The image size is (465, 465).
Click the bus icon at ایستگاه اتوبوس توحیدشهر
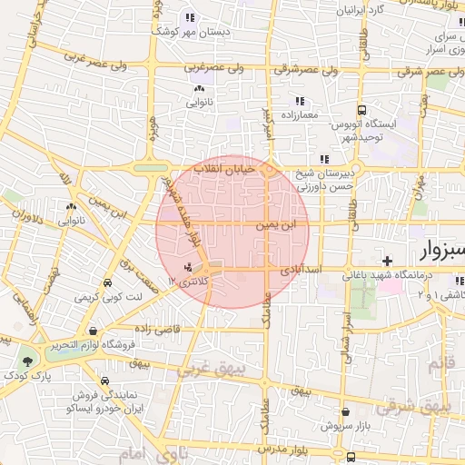[x=361, y=109]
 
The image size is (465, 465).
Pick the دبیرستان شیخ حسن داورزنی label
[x=332, y=179]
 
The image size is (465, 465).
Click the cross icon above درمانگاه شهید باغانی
[x=388, y=261]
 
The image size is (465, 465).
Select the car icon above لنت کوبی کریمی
[x=108, y=282]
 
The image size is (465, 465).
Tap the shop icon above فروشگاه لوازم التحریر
[x=94, y=331]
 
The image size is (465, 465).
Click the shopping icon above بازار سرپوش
[x=324, y=424]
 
